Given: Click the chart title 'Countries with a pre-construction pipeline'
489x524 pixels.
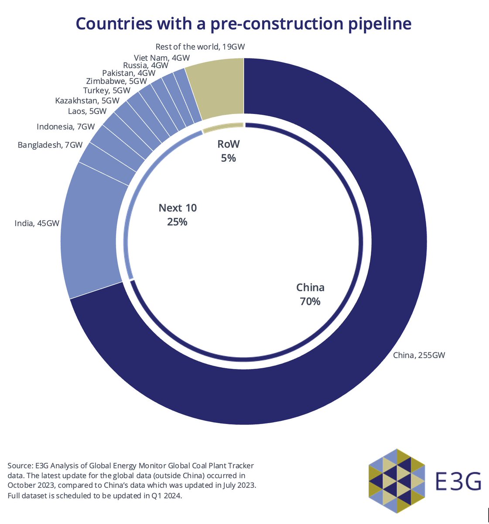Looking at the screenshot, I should [243, 24].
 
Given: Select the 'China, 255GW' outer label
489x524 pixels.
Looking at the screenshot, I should [419, 355].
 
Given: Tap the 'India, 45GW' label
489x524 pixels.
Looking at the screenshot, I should [37, 224].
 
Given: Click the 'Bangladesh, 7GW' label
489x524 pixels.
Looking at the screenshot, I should [50, 145].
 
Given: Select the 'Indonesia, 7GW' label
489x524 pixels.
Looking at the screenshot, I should [65, 127].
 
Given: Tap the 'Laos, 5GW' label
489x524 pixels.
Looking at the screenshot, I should [87, 111].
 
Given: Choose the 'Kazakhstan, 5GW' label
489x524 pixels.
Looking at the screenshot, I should [87, 101].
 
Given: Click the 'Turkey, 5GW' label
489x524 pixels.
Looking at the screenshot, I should [106, 91].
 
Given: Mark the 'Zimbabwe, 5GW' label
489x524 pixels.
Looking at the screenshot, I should [116, 81].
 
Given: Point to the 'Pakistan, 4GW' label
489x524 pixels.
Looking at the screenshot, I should [129, 73].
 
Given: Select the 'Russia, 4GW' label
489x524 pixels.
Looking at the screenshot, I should [146, 65].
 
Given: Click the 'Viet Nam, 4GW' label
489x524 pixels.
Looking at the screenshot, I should [161, 58].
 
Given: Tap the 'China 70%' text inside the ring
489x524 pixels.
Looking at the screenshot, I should [310, 294].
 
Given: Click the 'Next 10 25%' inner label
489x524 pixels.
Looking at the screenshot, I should [178, 214].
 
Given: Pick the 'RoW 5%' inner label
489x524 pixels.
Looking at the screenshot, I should [229, 151].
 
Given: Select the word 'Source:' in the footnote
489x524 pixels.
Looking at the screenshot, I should [20, 466].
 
